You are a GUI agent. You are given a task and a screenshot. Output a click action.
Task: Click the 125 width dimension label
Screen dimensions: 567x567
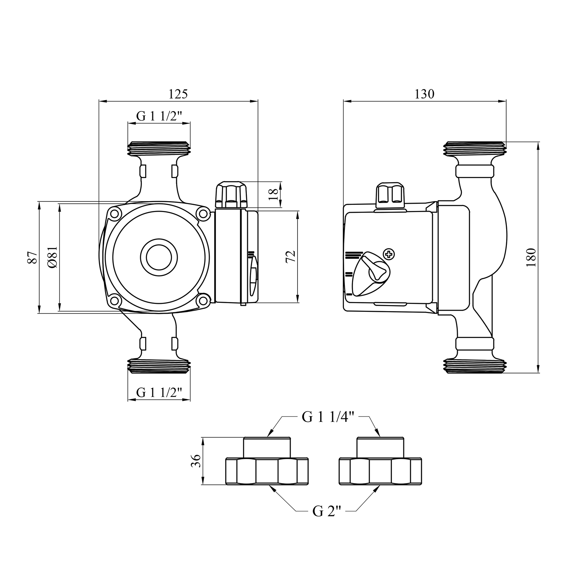pos(178,94)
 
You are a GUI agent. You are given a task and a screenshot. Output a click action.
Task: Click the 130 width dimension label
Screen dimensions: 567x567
pos(424,94)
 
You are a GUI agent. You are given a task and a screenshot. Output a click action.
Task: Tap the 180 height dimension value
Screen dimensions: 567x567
pos(531,257)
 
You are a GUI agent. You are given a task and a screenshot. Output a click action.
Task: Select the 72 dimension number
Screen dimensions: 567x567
pos(290,257)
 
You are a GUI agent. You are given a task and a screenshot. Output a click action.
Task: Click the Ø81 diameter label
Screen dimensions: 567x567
pos(52,257)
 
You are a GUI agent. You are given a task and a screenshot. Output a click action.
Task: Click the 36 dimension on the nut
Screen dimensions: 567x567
pos(196,461)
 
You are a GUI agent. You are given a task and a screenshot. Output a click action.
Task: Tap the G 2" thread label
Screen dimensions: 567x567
pos(327,511)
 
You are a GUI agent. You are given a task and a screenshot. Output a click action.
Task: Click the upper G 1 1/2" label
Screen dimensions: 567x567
pos(159,116)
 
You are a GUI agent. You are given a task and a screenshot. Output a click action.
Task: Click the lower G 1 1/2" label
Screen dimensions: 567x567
pos(159,393)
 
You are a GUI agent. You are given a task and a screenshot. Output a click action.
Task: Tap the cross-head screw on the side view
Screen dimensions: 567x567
pos(389,254)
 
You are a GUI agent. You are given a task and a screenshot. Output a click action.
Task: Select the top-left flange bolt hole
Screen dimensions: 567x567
pos(114,214)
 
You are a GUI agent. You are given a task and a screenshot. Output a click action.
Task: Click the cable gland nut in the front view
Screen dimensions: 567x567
pos(230,195)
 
